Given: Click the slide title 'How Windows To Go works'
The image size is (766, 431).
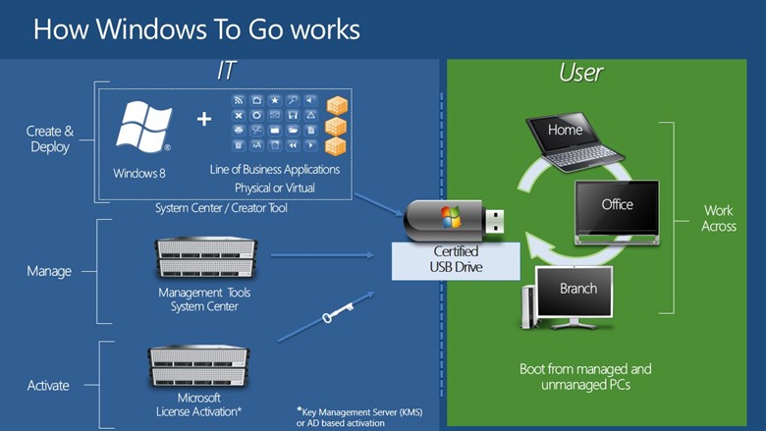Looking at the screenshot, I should (196, 28).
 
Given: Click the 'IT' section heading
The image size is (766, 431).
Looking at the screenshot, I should (227, 71).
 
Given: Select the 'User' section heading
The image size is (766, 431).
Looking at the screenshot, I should (580, 72).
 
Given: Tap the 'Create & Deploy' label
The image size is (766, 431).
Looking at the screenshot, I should (49, 139).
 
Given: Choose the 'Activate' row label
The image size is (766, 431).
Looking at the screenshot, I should (48, 386).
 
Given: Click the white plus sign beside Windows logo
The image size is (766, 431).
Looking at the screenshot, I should (203, 119).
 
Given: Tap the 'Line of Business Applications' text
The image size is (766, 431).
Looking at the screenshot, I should (275, 170).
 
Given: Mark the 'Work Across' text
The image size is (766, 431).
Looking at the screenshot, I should (718, 218).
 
